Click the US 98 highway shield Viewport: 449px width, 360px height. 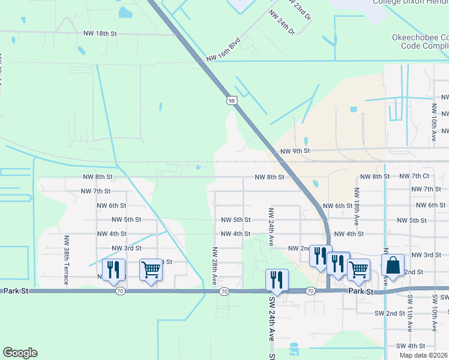point(232,101)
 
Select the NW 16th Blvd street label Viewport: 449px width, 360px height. point(223,50)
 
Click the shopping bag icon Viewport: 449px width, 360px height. point(393,265)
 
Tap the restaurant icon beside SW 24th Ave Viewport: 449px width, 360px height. point(277,280)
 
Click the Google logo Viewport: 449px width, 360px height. point(20,353)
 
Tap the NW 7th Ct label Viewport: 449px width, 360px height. point(418,176)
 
